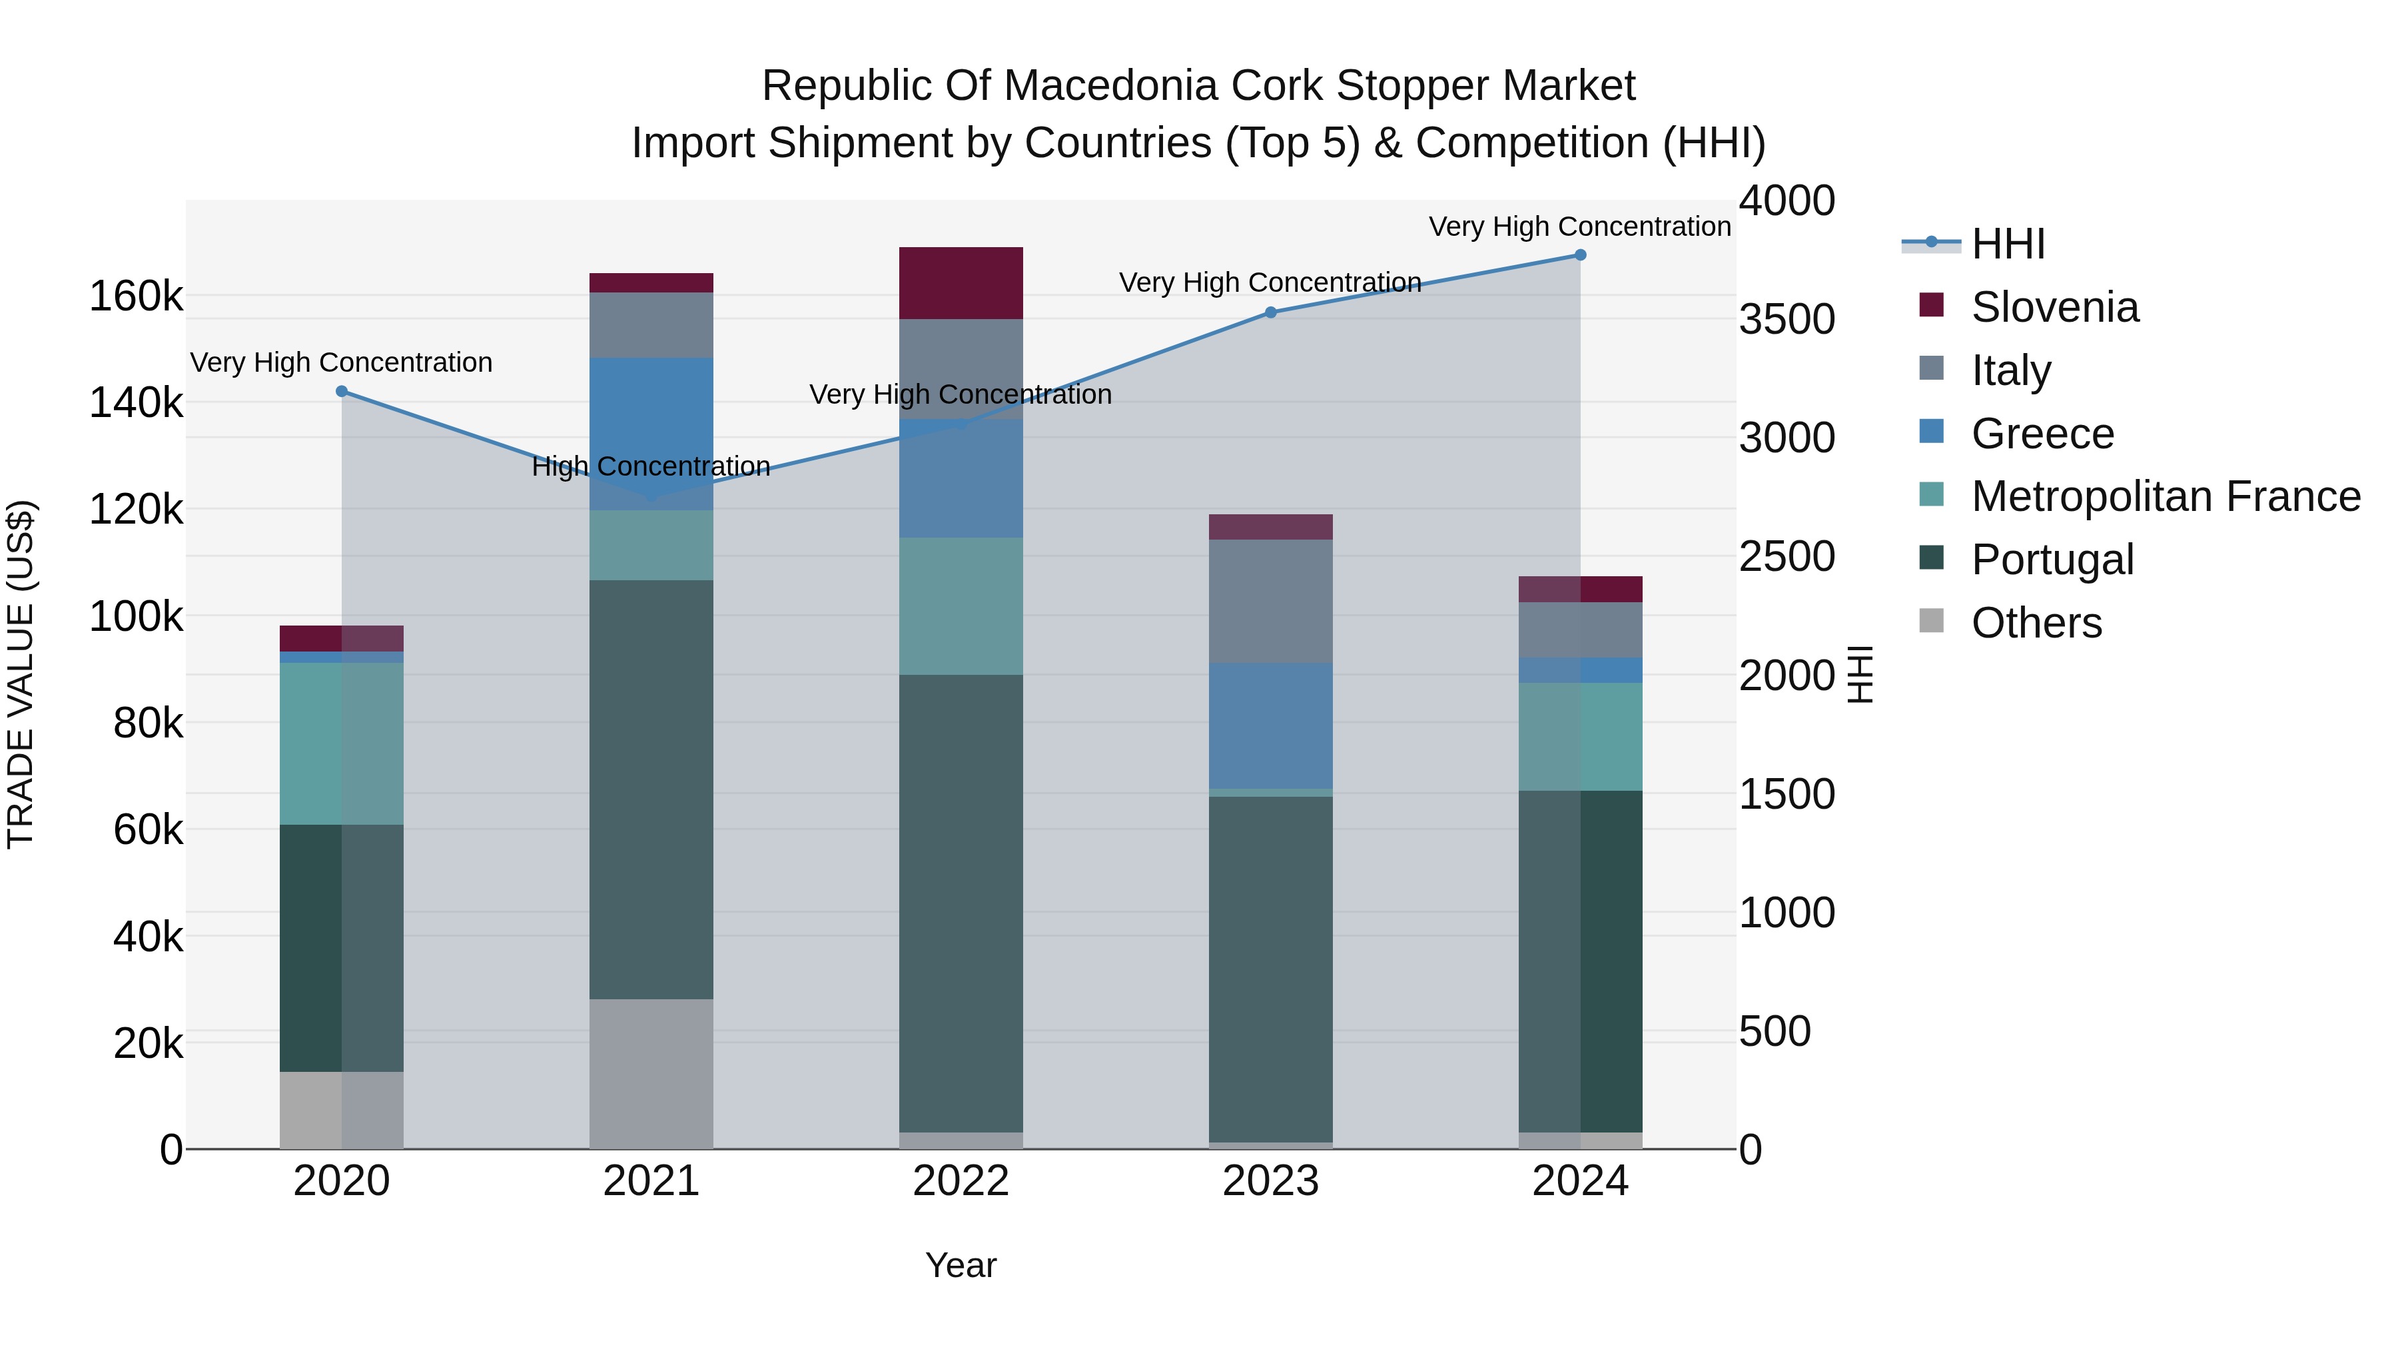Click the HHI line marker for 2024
coord(1580,255)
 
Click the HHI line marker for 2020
coord(342,392)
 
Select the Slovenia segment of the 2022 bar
coord(961,283)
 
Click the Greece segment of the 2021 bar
coord(651,433)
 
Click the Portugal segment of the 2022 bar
coord(961,903)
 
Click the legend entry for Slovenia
coord(2054,307)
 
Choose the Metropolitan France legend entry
coord(2166,496)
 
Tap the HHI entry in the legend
coord(2008,244)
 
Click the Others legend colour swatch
coord(1932,621)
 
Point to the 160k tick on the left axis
coord(136,297)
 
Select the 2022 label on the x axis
coord(961,1181)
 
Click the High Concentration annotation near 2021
coord(651,466)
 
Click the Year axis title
coord(961,1265)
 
